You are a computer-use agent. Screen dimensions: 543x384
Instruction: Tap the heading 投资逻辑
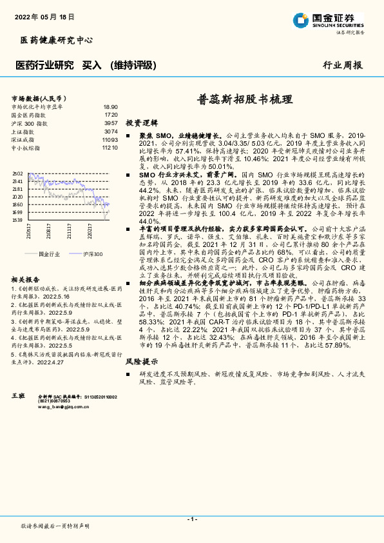point(141,122)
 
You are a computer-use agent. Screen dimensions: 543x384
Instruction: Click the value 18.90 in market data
point(110,106)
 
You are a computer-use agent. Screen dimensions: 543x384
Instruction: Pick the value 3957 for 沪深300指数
point(111,123)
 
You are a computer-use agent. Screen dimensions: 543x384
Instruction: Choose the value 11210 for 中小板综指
point(110,148)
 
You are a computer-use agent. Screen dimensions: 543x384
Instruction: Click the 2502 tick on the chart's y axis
point(17,173)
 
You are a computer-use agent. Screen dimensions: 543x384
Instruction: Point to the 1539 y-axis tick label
point(17,220)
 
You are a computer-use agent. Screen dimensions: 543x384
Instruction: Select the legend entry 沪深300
point(92,255)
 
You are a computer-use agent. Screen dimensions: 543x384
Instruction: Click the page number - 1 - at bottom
point(191,518)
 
